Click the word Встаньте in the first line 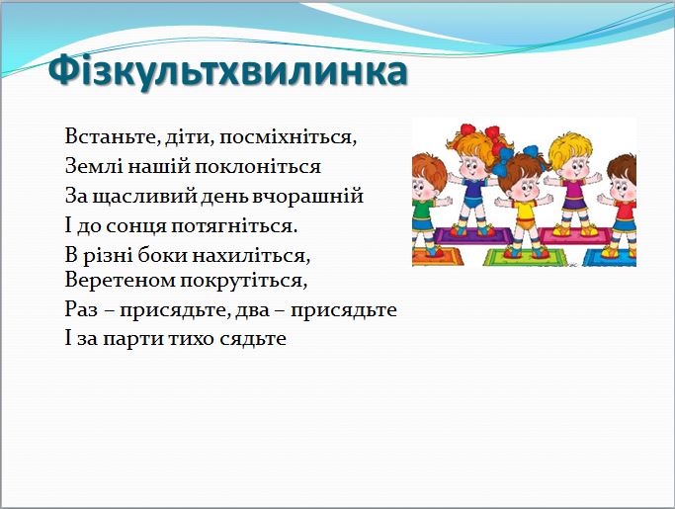pos(102,134)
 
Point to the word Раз pos(82,309)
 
